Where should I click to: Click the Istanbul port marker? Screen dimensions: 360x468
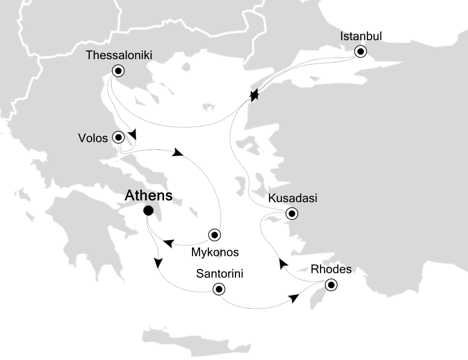click(360, 51)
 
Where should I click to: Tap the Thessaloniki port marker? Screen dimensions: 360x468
click(118, 71)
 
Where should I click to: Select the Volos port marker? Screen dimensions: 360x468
click(118, 136)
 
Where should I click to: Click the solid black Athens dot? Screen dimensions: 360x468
click(148, 211)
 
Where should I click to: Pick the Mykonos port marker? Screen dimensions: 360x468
click(214, 234)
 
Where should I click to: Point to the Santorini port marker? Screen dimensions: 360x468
click(218, 289)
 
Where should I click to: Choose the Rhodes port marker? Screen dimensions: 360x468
click(330, 285)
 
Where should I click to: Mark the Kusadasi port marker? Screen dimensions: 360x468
click(291, 214)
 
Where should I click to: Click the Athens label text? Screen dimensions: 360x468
click(149, 195)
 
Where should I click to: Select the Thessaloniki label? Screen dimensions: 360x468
click(118, 55)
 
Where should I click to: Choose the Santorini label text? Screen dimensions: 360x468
click(220, 274)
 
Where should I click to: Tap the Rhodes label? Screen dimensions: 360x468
click(331, 269)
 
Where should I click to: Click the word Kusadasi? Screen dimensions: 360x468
click(292, 198)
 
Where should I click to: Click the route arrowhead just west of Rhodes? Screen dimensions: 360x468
click(294, 298)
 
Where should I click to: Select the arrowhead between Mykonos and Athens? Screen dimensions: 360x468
click(168, 243)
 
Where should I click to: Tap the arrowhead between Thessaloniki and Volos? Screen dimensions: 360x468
click(132, 135)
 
